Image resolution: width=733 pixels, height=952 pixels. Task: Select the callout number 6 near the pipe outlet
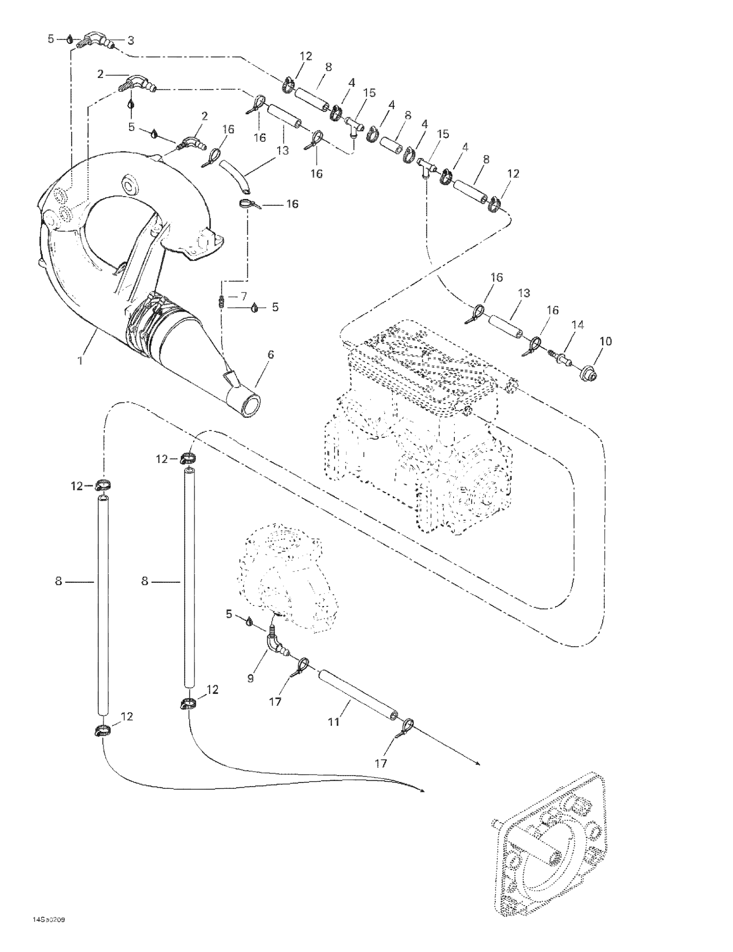pos(271,354)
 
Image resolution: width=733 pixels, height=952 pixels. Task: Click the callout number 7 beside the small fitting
pos(244,296)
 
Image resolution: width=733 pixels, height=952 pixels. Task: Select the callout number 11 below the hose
pos(333,722)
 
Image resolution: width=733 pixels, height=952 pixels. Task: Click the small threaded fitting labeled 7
pos(221,301)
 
